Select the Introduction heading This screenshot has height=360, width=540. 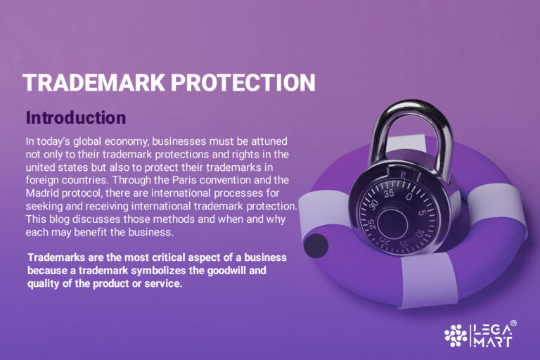(x=75, y=117)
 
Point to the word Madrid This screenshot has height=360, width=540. (x=45, y=193)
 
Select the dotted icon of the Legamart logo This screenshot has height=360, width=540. (x=456, y=335)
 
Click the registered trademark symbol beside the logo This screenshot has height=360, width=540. (x=513, y=323)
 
